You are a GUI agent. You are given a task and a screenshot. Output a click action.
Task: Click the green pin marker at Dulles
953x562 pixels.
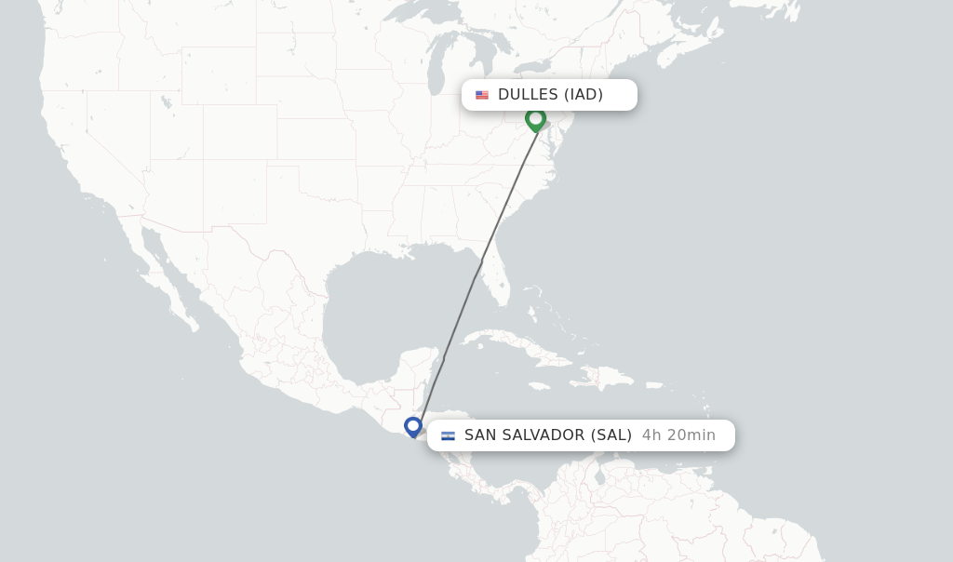[535, 119]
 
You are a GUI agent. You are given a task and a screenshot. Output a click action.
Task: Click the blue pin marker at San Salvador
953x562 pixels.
[413, 426]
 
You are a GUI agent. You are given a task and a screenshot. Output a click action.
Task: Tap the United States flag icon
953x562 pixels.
[482, 95]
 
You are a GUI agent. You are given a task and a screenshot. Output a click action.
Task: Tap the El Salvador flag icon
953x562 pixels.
[448, 435]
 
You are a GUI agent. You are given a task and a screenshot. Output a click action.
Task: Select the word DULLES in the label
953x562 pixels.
[528, 95]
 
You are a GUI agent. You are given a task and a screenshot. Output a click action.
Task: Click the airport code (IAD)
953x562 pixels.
[584, 95]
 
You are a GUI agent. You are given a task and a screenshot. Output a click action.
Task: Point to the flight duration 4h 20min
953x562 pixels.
[678, 435]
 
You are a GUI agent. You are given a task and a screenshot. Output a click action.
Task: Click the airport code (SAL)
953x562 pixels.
[611, 435]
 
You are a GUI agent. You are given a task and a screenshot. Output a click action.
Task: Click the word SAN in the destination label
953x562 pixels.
[482, 435]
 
